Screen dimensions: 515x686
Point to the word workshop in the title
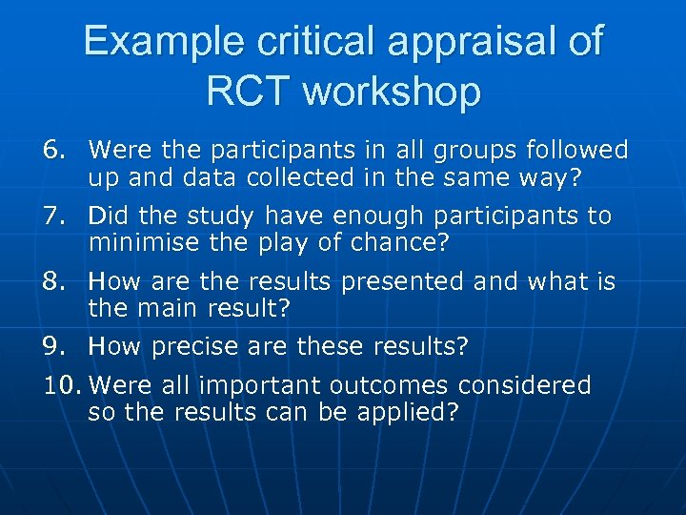(x=392, y=92)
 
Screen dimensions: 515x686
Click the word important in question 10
(x=259, y=385)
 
